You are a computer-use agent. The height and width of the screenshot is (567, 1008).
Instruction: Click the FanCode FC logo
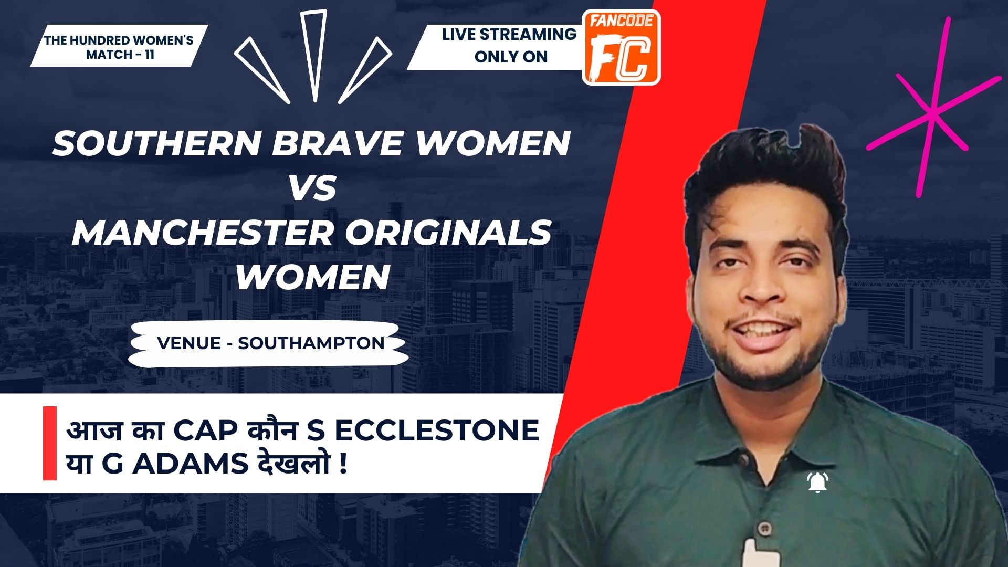[622, 47]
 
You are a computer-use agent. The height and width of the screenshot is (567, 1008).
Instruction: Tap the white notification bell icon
[818, 482]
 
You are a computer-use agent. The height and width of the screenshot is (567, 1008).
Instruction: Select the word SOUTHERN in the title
[156, 143]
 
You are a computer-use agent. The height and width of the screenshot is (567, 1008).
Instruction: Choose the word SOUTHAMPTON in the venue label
[311, 343]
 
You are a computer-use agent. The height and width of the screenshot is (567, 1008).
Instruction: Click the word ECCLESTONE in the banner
[437, 430]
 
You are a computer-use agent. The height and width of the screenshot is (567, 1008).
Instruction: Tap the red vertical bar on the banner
[50, 443]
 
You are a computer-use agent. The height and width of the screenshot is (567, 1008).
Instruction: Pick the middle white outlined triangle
[314, 55]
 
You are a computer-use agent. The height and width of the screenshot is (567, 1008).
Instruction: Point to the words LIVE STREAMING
[509, 35]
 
